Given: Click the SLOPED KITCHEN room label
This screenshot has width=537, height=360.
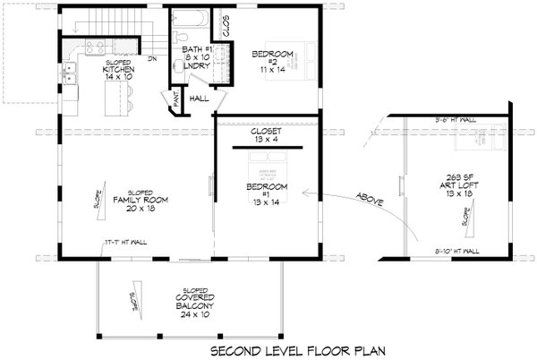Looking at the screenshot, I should [x=118, y=70].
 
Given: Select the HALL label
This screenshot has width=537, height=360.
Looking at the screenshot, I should [x=200, y=99].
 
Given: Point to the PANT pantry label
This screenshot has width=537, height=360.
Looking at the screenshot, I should [x=176, y=103].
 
